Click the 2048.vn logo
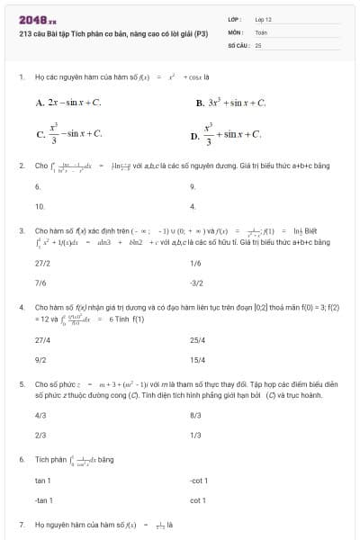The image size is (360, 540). pyautogui.click(x=37, y=19)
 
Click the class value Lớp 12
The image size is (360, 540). pyautogui.click(x=263, y=19)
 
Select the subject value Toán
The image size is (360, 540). pyautogui.click(x=261, y=31)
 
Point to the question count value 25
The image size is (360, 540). pyautogui.click(x=258, y=44)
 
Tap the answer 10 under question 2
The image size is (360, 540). pyautogui.click(x=40, y=206)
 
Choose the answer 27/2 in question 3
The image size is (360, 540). pyautogui.click(x=42, y=263)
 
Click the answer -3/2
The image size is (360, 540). pyautogui.click(x=198, y=283)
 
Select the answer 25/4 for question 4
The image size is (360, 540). pyautogui.click(x=198, y=340)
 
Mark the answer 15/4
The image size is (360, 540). pyautogui.click(x=198, y=360)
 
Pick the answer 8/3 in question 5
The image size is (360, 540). pyautogui.click(x=195, y=416)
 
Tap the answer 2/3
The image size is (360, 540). pyautogui.click(x=40, y=436)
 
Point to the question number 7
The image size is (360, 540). pyautogui.click(x=21, y=524)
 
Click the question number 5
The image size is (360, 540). pyautogui.click(x=21, y=382)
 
